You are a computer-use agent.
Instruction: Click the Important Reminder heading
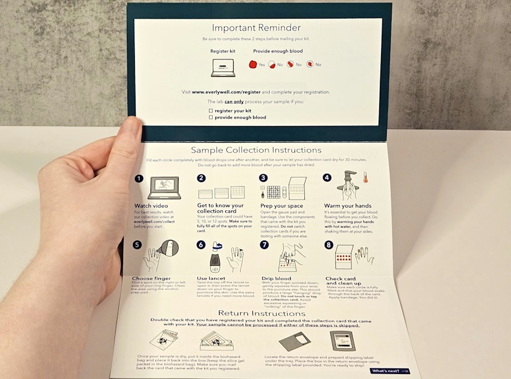tap(256, 28)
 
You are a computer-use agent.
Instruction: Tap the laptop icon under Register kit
tap(223, 68)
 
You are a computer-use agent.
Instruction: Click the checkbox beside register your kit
tap(211, 110)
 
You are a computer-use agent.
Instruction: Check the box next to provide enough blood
tap(211, 117)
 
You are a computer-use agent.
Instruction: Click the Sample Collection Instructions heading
tap(255, 150)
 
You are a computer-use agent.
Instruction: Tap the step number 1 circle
tap(139, 178)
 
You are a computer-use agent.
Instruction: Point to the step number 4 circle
tap(327, 178)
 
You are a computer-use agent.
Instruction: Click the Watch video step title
tap(152, 205)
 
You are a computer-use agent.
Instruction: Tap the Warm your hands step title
tap(346, 205)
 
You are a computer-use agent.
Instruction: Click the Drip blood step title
tap(276, 279)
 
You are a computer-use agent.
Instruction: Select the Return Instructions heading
tap(254, 313)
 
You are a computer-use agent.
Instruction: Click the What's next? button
tap(390, 371)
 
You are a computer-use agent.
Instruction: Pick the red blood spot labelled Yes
tap(252, 64)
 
